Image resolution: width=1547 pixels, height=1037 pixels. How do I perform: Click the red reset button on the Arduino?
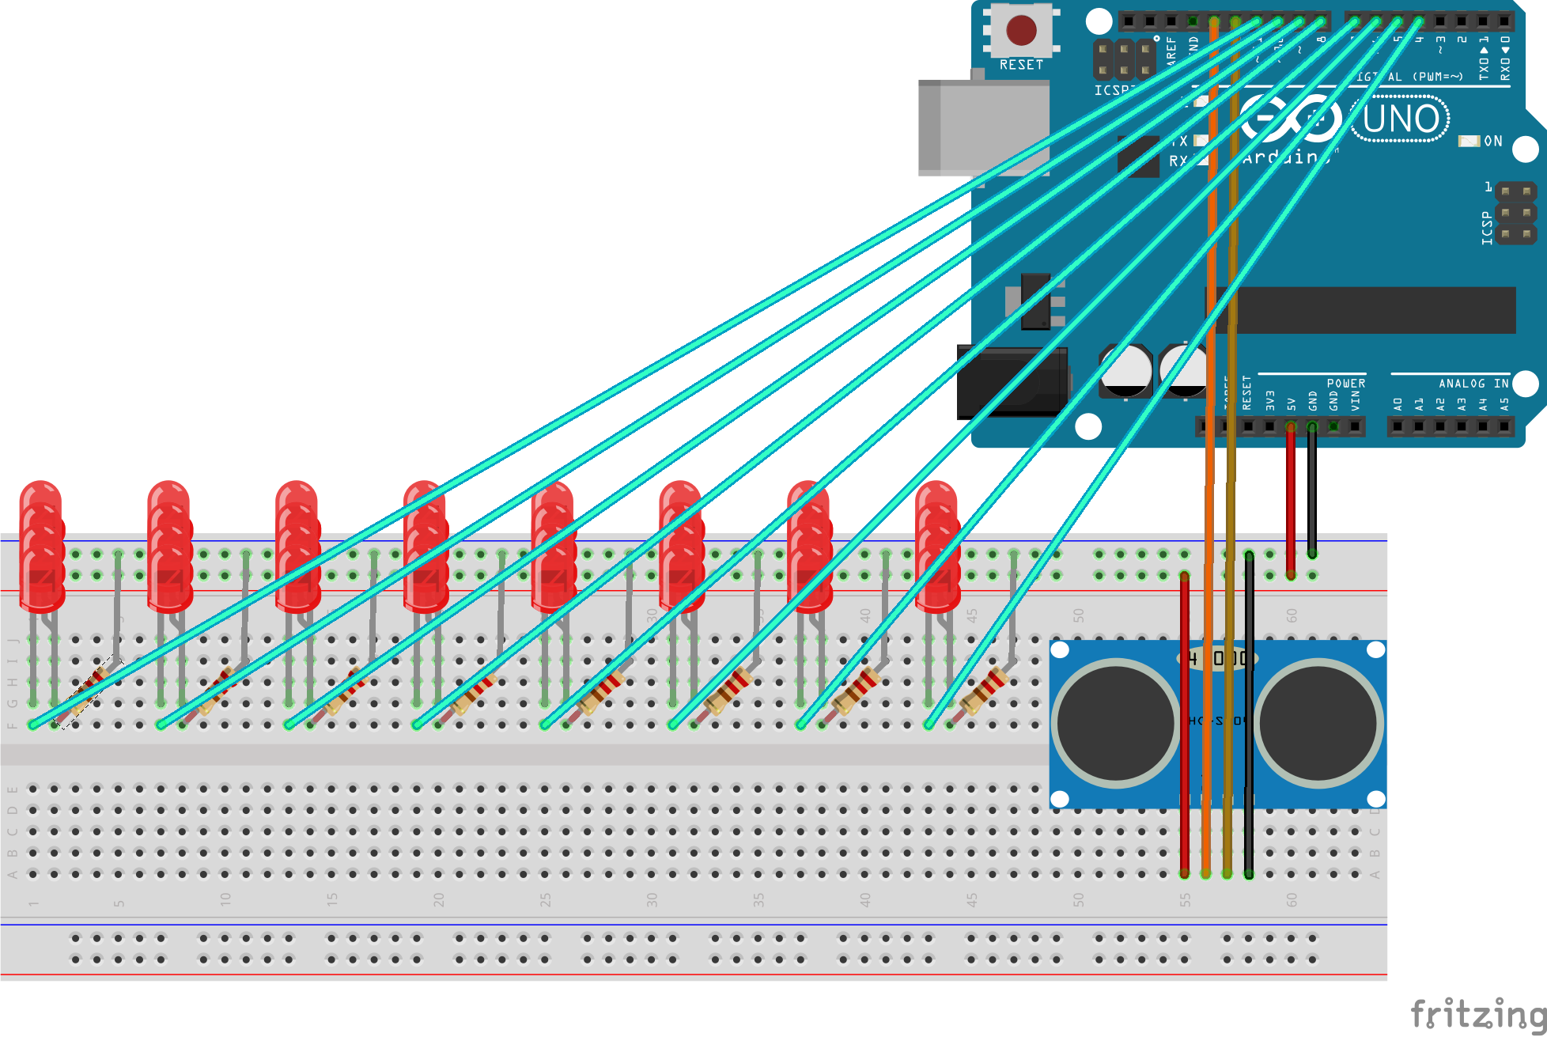1021,30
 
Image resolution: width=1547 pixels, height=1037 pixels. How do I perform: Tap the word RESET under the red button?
1021,65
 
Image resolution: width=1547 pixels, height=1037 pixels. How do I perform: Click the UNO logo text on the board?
1401,119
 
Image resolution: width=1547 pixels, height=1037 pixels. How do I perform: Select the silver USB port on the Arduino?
982,127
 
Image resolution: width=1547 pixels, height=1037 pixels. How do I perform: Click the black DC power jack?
1011,382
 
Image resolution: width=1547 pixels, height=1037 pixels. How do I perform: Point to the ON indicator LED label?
1492,141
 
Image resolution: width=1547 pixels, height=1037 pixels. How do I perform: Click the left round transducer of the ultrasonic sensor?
1116,722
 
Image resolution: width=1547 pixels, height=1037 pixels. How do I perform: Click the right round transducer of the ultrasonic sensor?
1318,722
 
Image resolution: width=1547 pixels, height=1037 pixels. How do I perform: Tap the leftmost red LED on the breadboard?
41,546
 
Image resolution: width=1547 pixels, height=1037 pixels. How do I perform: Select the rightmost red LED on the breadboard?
936,546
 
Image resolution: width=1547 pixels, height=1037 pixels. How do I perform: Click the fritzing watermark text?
1477,1014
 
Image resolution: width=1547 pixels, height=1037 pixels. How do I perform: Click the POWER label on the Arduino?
1346,383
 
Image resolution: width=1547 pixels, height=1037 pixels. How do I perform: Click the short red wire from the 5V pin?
1291,498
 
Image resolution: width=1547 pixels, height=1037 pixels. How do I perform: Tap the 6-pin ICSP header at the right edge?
1515,213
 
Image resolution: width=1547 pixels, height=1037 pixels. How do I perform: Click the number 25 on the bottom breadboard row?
545,900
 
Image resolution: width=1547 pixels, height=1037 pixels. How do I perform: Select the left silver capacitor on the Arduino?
1125,370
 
